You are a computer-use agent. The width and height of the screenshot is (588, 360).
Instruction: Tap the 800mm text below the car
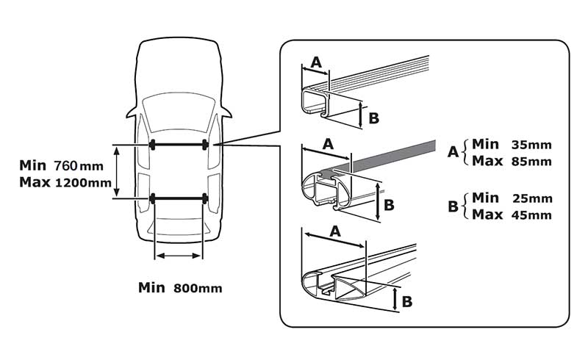(x=198, y=287)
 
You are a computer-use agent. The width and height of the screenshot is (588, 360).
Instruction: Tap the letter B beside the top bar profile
(x=373, y=117)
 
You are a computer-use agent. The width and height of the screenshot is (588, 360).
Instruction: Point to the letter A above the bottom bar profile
(x=335, y=231)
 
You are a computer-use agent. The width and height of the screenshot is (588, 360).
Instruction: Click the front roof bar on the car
(x=179, y=145)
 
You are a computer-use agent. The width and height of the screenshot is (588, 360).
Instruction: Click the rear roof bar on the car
(x=179, y=198)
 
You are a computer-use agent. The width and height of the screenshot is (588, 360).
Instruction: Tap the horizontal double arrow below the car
(x=177, y=255)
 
